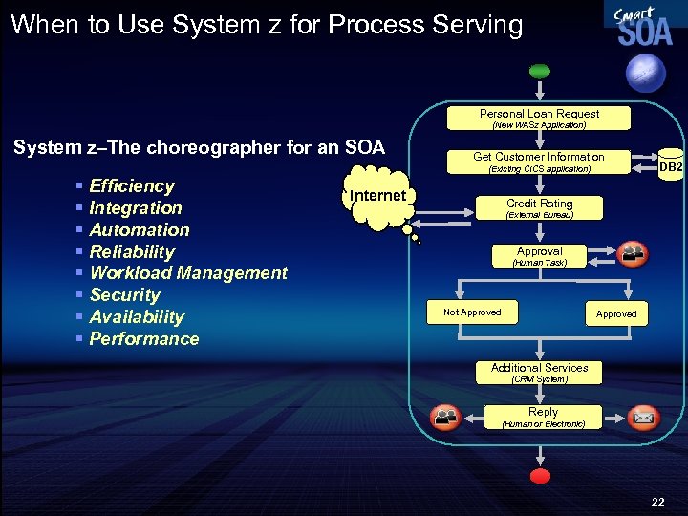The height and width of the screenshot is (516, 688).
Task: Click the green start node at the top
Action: click(x=540, y=70)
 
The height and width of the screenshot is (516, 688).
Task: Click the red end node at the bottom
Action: click(x=541, y=475)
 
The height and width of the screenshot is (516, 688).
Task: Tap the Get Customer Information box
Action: click(x=539, y=162)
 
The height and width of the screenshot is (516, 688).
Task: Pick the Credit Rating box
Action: click(x=539, y=208)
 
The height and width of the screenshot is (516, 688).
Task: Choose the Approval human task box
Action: click(x=539, y=256)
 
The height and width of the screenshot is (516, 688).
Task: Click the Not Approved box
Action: click(x=472, y=312)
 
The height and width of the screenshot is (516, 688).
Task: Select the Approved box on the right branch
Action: click(x=616, y=313)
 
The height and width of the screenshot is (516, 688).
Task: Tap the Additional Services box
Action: click(x=539, y=373)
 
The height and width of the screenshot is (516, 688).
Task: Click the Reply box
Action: click(x=543, y=417)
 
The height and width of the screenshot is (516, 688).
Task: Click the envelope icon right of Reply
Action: click(x=643, y=418)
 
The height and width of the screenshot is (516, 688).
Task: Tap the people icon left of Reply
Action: click(x=445, y=418)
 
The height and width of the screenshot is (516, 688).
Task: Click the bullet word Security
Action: click(x=124, y=295)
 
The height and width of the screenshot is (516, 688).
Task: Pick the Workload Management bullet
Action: click(x=187, y=273)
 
